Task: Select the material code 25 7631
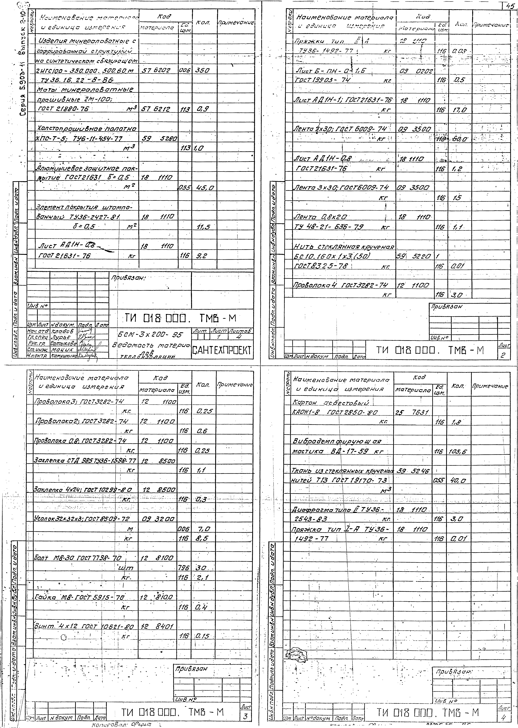pyautogui.click(x=411, y=412)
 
